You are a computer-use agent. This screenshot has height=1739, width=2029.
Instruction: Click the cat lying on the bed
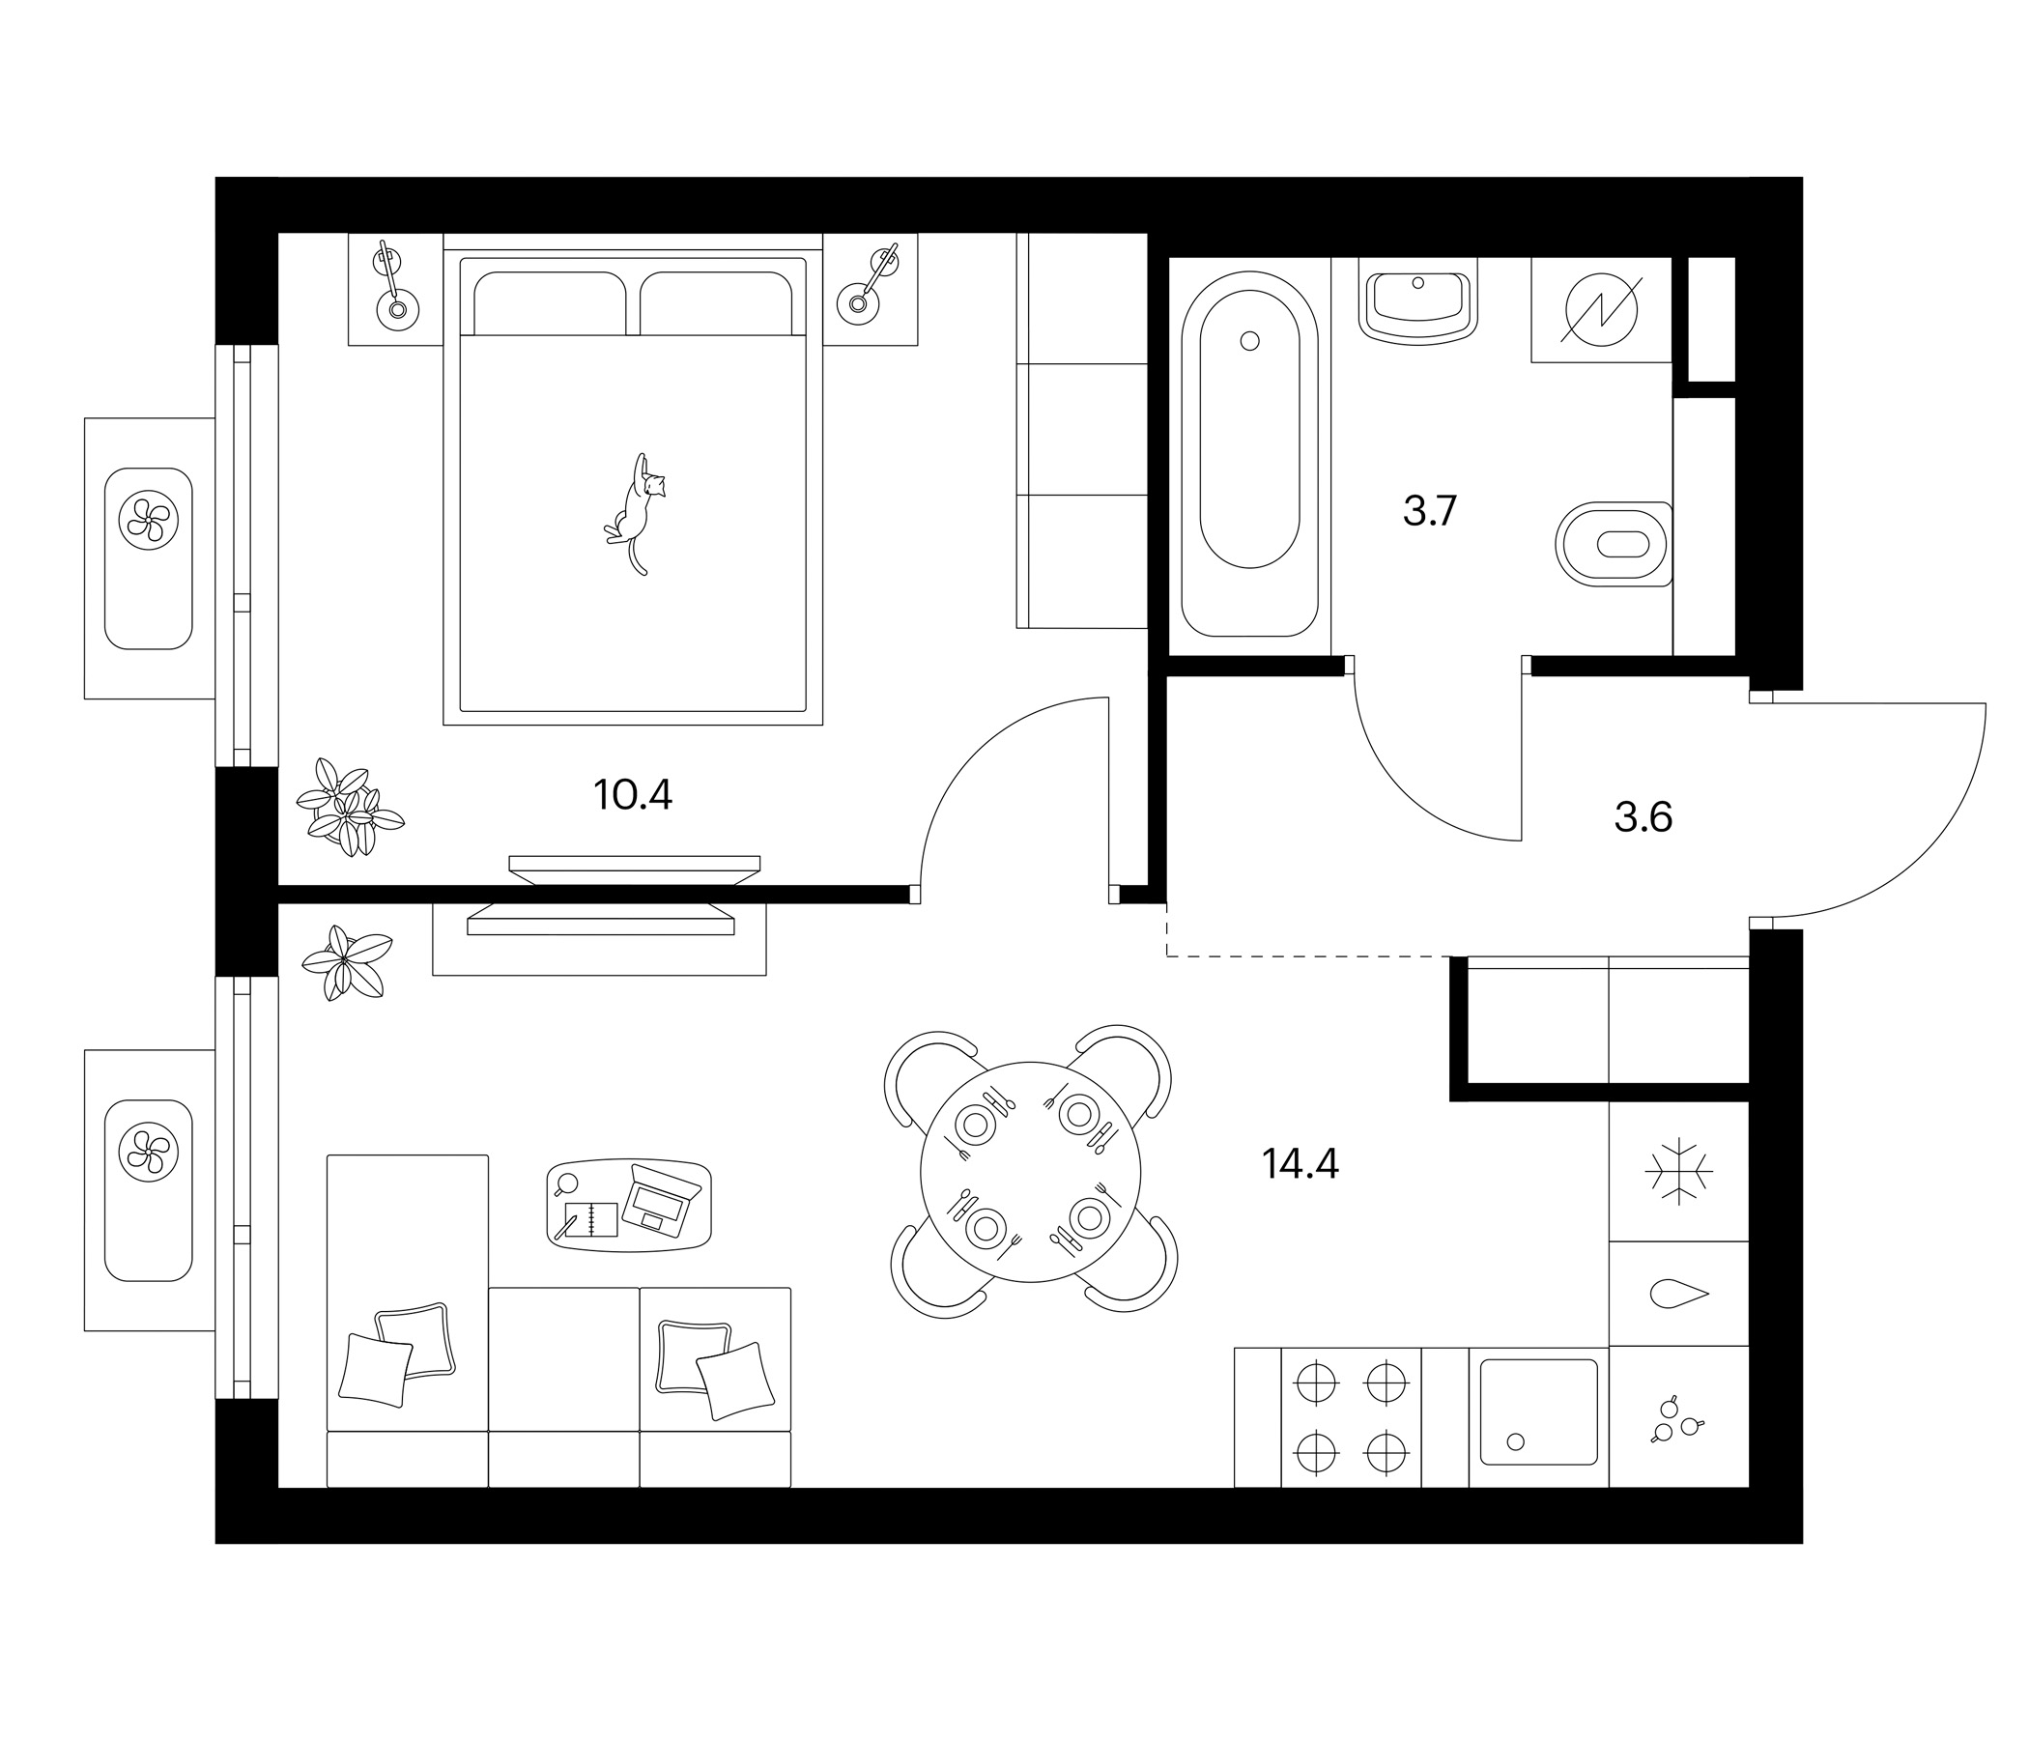click(x=637, y=512)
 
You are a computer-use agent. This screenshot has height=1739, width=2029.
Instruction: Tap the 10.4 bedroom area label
click(x=633, y=795)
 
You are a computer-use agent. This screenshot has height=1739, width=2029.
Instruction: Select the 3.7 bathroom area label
click(x=1430, y=511)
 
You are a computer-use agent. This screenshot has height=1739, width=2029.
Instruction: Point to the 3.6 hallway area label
click(x=1643, y=816)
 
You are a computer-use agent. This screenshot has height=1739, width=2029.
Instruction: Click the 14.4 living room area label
click(x=1300, y=1163)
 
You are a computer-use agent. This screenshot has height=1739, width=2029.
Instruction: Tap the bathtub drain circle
click(x=1249, y=341)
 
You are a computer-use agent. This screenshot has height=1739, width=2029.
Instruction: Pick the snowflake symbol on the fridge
click(x=1678, y=1171)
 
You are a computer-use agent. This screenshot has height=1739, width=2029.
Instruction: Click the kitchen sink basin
click(x=1538, y=1411)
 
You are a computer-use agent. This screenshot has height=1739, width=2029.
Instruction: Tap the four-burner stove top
click(x=1352, y=1417)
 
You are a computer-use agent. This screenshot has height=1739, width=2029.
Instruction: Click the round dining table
click(x=1031, y=1172)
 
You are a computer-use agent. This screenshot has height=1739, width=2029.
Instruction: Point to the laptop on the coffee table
click(x=663, y=1198)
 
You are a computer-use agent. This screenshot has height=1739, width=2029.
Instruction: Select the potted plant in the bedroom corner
click(x=350, y=809)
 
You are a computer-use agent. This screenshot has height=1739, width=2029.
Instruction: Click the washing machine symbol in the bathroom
click(x=1601, y=309)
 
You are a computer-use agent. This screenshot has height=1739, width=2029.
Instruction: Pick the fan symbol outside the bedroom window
click(x=148, y=520)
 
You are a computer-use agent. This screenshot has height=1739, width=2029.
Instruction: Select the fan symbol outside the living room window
click(x=148, y=1152)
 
